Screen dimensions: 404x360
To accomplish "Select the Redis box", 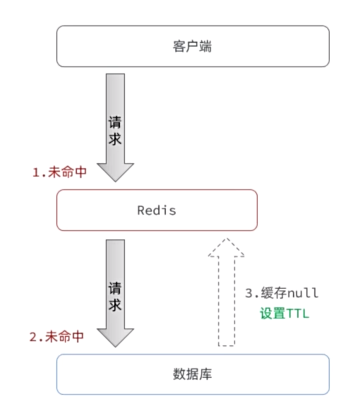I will tap(157, 210).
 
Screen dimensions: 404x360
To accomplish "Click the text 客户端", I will tap(193, 47).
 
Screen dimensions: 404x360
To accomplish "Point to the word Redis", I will tap(157, 210).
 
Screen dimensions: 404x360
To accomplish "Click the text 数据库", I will tap(193, 374).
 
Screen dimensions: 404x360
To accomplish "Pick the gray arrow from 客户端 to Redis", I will tap(115, 127).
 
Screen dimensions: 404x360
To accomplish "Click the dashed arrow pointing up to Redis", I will tap(226, 297).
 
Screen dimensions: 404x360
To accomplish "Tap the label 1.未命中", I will tap(60, 172).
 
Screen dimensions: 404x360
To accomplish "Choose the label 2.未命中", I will tap(56, 337).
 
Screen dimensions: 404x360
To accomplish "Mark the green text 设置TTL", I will tap(285, 313).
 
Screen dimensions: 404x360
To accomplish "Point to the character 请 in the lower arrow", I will tap(115, 287).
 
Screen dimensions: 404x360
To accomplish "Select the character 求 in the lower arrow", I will tap(115, 305).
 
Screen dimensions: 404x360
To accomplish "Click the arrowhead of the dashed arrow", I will tap(226, 248).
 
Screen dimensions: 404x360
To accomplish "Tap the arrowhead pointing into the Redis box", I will tap(115, 172).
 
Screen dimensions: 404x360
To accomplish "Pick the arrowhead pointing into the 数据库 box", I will tap(115, 336).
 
